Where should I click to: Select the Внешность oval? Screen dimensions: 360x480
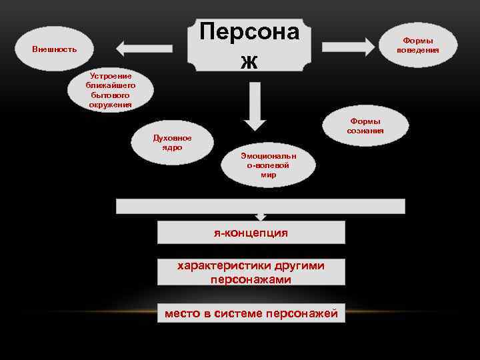[55, 49]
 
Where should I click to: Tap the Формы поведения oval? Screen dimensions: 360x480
[418, 45]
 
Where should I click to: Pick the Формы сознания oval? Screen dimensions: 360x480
[365, 126]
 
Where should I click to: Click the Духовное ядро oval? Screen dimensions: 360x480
[172, 142]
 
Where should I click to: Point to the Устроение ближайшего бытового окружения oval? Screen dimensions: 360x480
[110, 90]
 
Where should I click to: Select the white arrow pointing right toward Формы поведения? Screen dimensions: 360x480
[349, 46]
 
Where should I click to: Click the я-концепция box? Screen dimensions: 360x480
[251, 233]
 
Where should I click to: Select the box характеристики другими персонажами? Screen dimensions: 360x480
[251, 273]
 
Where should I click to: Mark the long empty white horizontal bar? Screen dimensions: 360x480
[260, 206]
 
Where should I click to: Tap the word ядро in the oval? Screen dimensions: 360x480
[172, 147]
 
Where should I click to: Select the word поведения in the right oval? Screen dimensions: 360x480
[418, 50]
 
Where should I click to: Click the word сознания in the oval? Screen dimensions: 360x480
[365, 131]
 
